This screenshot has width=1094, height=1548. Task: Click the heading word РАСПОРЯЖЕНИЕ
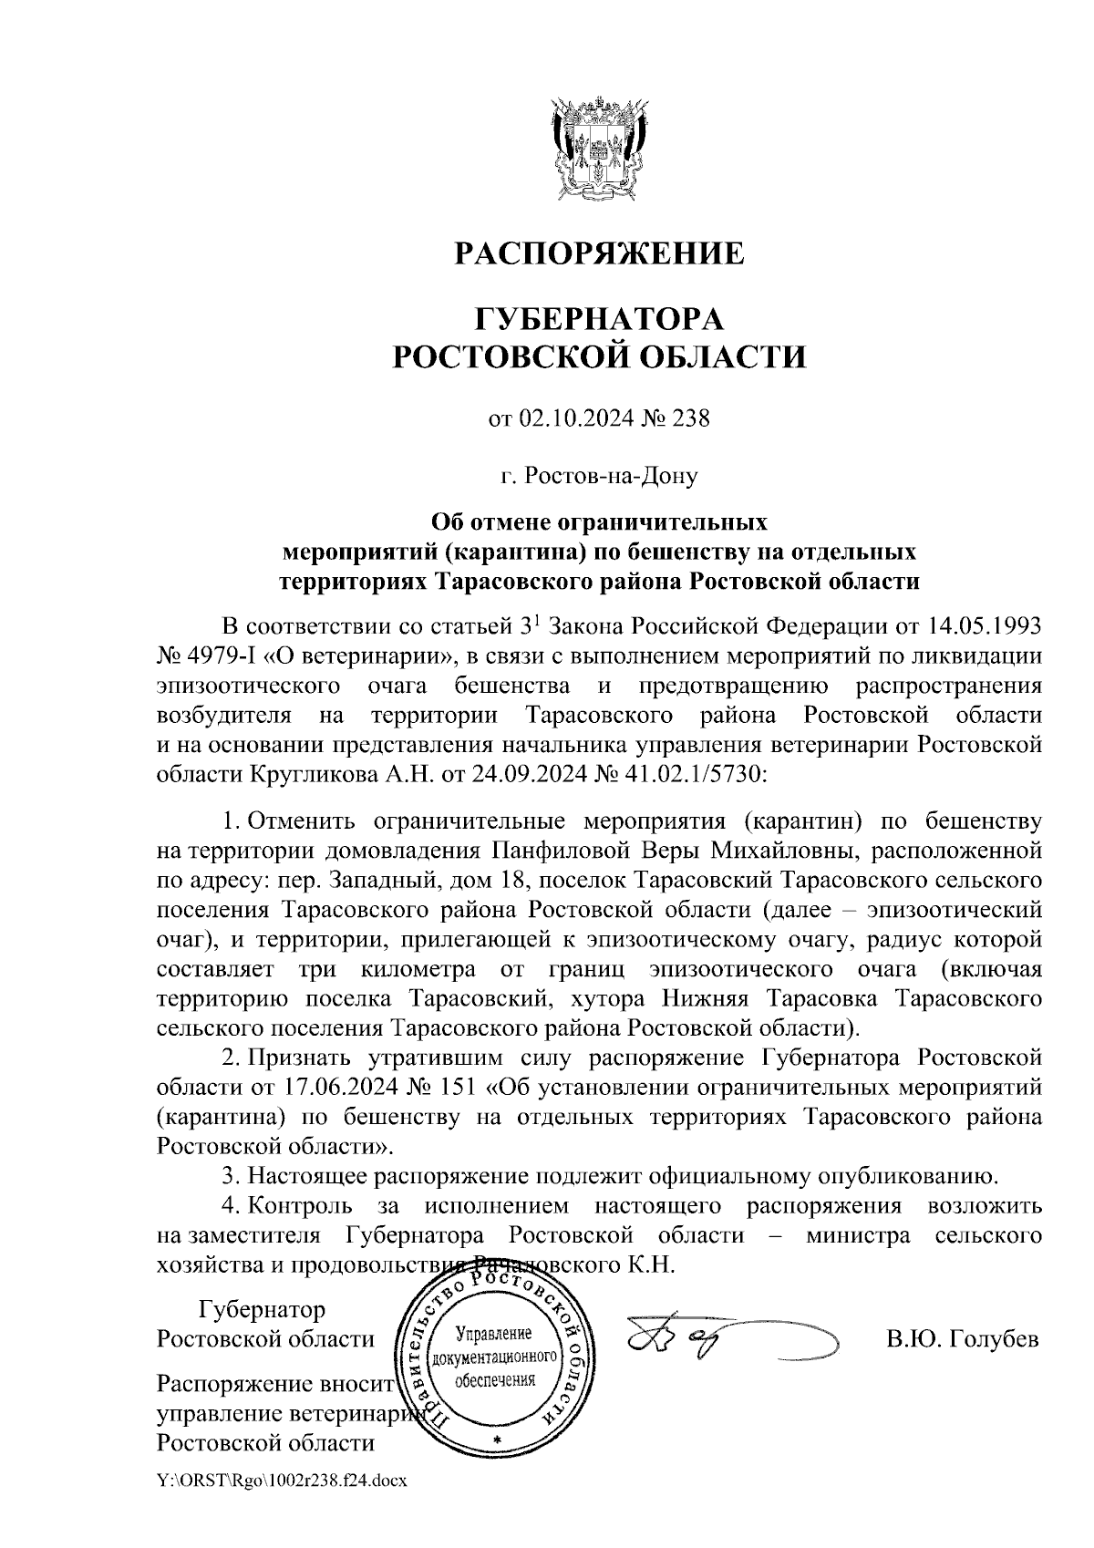(599, 253)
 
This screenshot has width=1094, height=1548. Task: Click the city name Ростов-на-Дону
(599, 475)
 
